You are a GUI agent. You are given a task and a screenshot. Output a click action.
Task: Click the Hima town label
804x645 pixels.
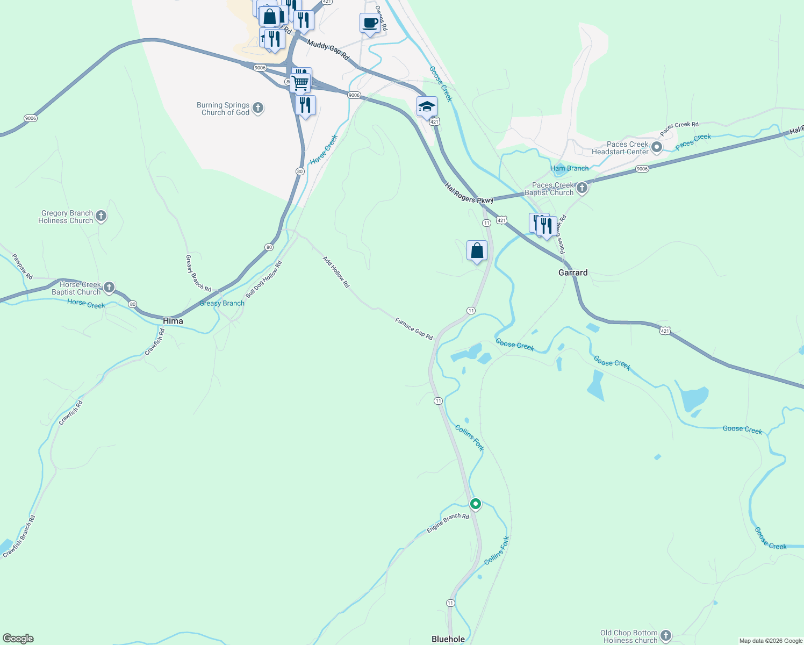(x=173, y=321)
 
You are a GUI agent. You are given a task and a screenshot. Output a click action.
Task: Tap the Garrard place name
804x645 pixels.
(x=573, y=273)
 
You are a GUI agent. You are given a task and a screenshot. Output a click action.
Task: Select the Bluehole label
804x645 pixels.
(x=448, y=639)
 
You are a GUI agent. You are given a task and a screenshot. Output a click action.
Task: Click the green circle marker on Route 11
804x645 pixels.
(x=476, y=504)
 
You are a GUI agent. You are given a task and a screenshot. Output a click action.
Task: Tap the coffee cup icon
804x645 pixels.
(x=370, y=23)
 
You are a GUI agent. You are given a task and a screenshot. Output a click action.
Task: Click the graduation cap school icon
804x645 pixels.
(x=427, y=106)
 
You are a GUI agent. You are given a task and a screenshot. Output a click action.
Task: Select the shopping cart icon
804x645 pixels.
(x=301, y=83)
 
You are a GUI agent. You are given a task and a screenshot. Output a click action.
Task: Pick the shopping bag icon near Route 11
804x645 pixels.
(x=477, y=250)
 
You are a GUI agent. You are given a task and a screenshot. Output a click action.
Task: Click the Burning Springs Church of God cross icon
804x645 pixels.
(x=258, y=108)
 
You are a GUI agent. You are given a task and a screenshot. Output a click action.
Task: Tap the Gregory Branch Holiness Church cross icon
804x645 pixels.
(x=101, y=216)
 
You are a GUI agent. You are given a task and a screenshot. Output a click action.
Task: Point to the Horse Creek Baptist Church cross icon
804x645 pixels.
(x=109, y=288)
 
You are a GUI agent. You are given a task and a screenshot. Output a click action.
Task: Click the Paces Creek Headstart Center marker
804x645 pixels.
(x=656, y=147)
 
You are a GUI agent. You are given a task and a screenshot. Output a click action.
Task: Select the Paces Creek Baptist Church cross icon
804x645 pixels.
(x=582, y=188)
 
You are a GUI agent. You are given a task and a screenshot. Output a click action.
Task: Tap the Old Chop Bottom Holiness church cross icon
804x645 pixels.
(x=666, y=636)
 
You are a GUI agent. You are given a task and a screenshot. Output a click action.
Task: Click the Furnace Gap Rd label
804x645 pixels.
(x=414, y=329)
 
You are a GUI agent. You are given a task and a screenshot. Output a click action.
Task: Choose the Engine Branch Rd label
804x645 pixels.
(x=448, y=523)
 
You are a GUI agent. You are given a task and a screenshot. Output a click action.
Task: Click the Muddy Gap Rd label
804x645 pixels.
(x=328, y=49)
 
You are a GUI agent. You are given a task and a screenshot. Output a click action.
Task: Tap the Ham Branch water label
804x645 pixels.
(x=569, y=168)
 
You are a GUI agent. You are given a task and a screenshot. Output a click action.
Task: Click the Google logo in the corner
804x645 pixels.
(x=18, y=639)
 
